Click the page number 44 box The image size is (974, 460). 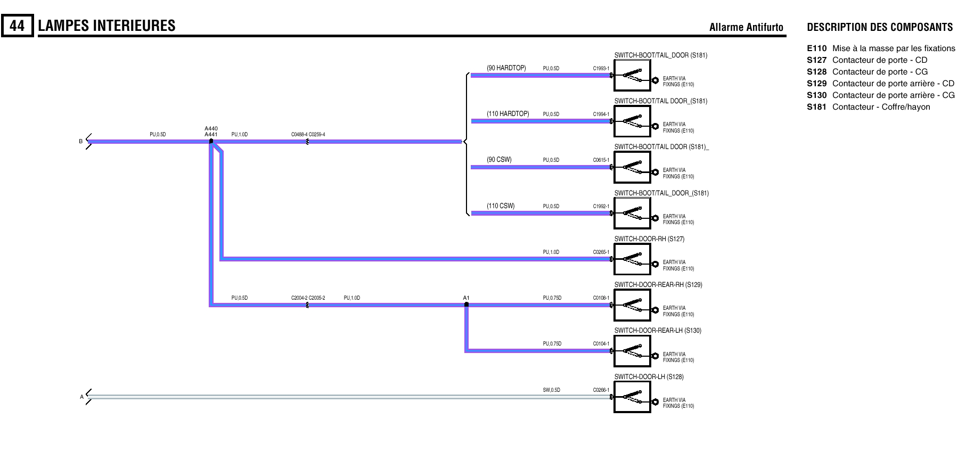[x=17, y=26]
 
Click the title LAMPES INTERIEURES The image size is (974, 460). [x=107, y=26]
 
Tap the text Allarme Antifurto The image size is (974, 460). [x=746, y=28]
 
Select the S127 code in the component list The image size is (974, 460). [x=816, y=60]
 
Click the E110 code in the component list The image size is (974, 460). [x=816, y=48]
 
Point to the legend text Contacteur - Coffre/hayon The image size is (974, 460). [x=881, y=107]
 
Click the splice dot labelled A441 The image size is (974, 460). [x=211, y=141]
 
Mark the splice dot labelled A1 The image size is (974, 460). [x=466, y=305]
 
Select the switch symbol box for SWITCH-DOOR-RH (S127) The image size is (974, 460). [x=632, y=259]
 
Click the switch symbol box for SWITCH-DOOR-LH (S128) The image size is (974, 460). [x=632, y=397]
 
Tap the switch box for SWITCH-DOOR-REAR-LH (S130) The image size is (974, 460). [x=632, y=351]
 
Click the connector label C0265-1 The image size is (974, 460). [x=601, y=252]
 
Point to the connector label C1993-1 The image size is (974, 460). [x=601, y=69]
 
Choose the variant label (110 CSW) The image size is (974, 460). [x=501, y=206]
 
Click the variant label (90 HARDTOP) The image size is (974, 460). [x=506, y=68]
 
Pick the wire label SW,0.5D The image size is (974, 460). [x=551, y=390]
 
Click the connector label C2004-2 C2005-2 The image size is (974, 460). [x=308, y=298]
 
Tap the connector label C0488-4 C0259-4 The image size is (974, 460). [x=308, y=135]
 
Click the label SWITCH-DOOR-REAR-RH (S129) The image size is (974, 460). [x=658, y=285]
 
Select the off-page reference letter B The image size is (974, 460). [x=81, y=142]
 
